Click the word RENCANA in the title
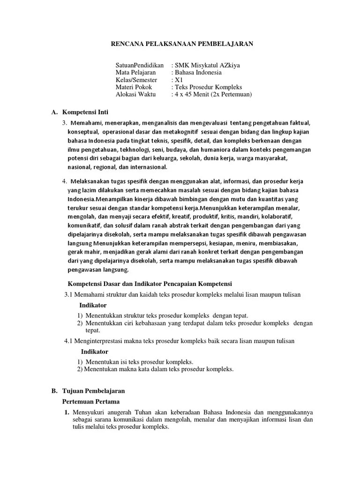(x=126, y=44)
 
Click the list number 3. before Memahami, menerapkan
(x=65, y=123)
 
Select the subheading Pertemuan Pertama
(x=91, y=402)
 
